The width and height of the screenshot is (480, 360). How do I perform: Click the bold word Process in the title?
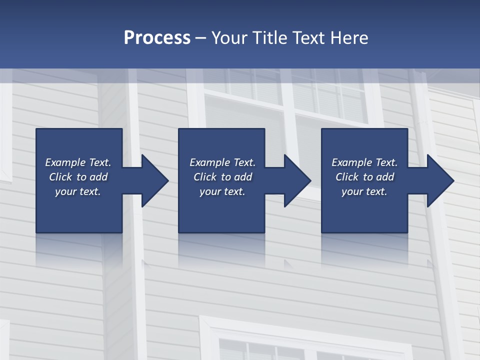157,38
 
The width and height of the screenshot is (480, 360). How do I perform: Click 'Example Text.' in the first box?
78,162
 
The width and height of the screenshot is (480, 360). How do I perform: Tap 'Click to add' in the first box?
78,177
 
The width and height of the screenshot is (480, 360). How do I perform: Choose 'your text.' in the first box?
78,191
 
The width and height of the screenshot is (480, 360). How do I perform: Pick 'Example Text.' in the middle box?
222,162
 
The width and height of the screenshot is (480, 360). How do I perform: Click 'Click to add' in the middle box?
222,177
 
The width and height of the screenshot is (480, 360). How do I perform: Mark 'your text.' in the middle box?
222,191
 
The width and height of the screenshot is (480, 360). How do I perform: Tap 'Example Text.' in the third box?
364,162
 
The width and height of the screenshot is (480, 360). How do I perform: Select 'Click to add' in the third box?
364,177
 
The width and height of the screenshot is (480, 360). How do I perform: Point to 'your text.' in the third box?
364,191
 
